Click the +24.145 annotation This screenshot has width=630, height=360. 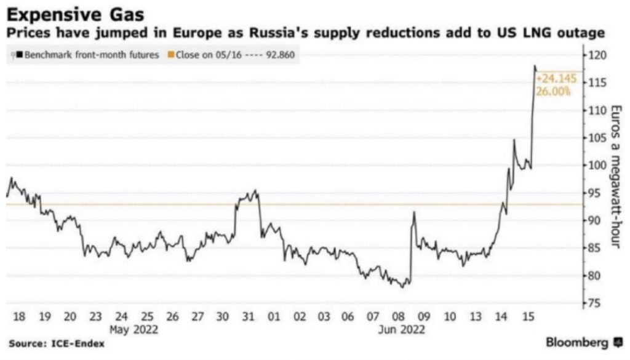click(x=554, y=79)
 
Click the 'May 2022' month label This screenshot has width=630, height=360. click(x=134, y=329)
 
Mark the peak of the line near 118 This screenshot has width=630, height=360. click(x=535, y=66)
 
